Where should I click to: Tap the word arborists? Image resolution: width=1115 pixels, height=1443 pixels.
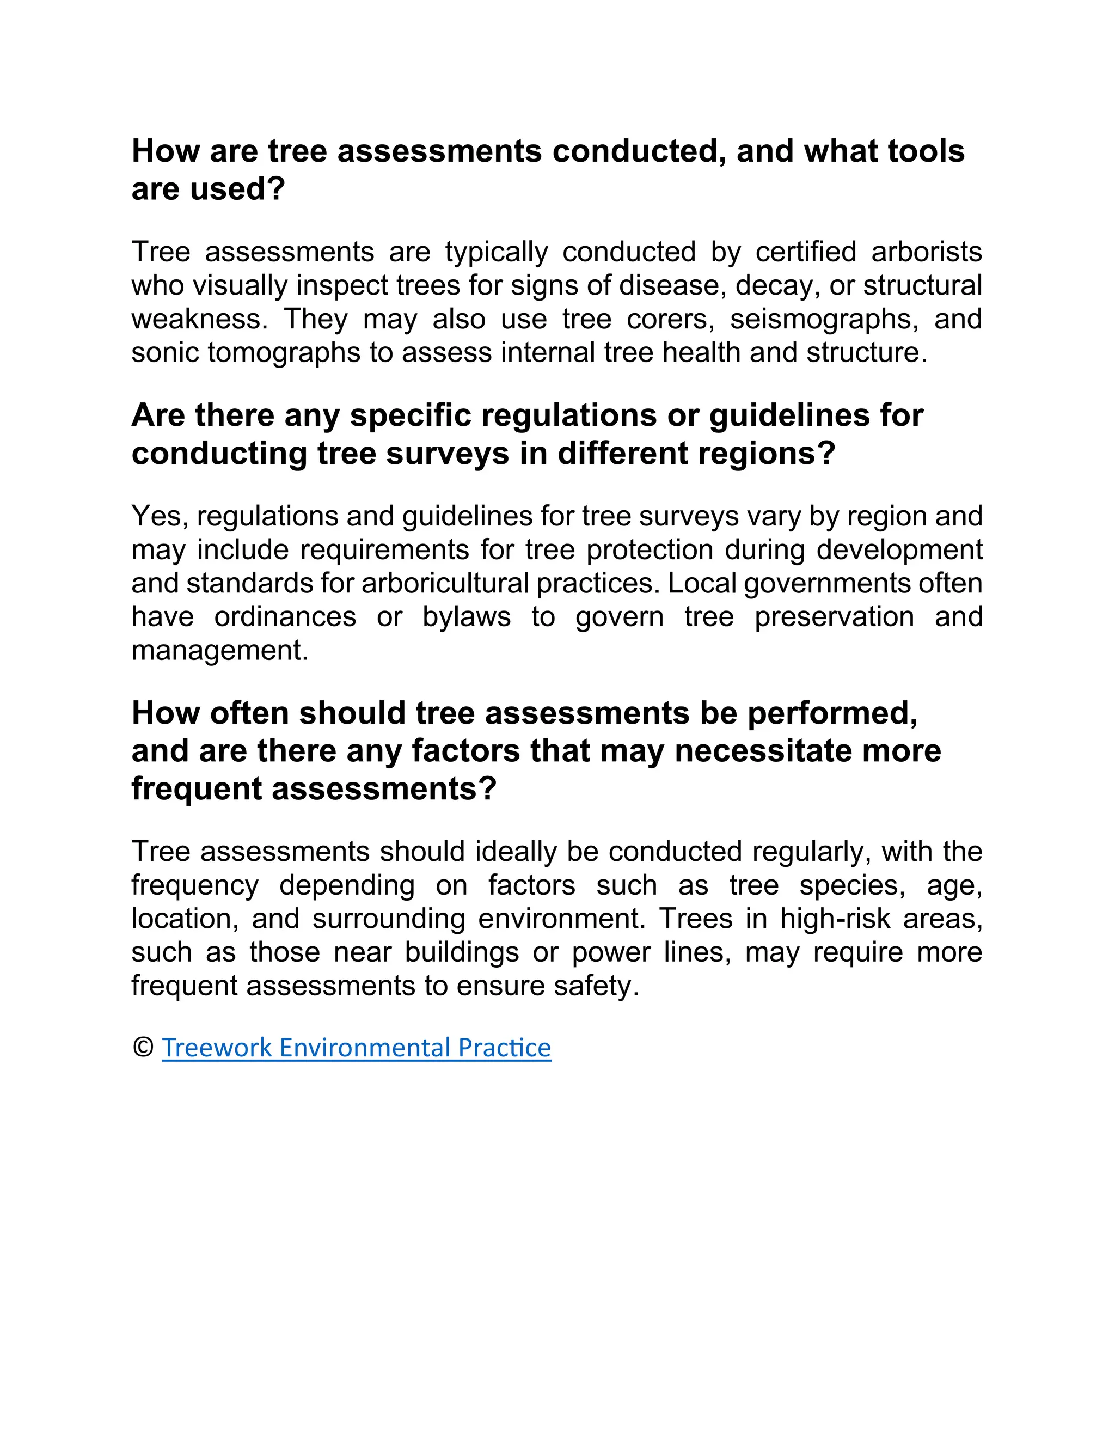tap(926, 252)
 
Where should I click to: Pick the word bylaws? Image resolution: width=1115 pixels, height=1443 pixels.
tap(467, 617)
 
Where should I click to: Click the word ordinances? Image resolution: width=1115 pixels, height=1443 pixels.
tap(285, 617)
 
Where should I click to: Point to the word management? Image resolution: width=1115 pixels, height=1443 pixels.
tap(219, 651)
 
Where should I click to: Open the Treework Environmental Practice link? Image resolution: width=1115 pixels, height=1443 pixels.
tap(356, 1048)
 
